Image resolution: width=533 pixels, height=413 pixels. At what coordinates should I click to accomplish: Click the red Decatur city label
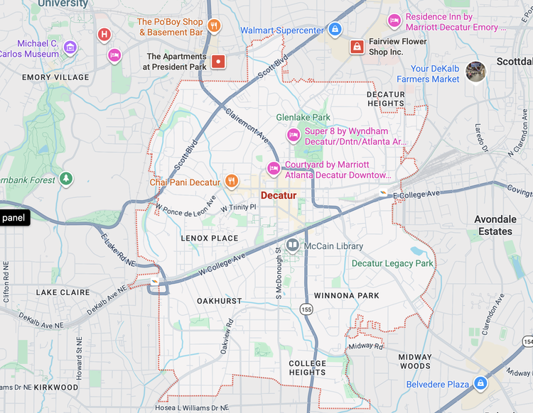[279, 195]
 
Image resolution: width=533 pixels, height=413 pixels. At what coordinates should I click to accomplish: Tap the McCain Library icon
[292, 246]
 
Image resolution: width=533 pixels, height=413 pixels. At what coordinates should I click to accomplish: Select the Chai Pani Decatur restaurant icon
[232, 182]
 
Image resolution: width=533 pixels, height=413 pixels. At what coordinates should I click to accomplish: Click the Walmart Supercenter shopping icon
[335, 30]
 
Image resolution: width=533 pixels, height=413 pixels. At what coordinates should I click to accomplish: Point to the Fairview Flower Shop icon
[357, 47]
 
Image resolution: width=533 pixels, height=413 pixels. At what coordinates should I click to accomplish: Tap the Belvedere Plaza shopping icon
[481, 383]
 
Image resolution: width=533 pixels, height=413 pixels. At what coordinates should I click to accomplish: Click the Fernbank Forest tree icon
[66, 178]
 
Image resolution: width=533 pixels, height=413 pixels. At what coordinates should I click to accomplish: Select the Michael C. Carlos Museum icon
[70, 48]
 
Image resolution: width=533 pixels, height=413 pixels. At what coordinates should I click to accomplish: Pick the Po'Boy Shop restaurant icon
[214, 27]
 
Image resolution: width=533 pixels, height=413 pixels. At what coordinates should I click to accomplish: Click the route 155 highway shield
[306, 309]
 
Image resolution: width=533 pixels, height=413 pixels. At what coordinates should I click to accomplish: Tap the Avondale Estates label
[495, 226]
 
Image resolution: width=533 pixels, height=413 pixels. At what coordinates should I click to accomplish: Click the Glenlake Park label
[303, 117]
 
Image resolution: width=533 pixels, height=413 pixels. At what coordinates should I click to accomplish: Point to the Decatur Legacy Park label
[392, 263]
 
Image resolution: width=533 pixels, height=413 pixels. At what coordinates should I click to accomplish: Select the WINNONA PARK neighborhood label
[346, 295]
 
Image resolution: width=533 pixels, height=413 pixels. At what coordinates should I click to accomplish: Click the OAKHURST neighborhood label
[219, 301]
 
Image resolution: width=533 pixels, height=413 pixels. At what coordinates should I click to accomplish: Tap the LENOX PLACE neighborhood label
[209, 238]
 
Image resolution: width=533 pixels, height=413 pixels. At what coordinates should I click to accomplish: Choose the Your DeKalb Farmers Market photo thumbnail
[475, 72]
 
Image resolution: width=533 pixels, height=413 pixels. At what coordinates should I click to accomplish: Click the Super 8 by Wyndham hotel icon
[292, 135]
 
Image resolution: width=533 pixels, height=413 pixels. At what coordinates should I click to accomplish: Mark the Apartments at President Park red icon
[218, 61]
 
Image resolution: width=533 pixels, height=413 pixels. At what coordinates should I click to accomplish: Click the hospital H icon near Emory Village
[104, 34]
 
